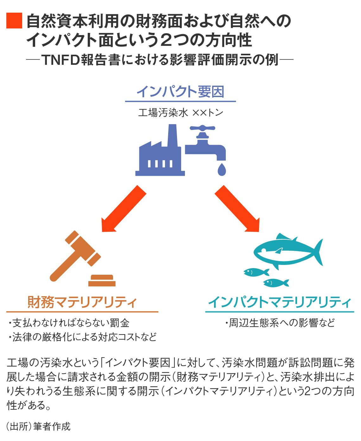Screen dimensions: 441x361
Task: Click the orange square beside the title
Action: [14, 21]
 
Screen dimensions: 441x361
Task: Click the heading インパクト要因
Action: [180, 92]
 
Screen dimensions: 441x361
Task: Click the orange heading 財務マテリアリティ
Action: [82, 302]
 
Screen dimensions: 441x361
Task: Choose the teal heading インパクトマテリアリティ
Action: [280, 302]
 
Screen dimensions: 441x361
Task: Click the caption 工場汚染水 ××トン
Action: [180, 113]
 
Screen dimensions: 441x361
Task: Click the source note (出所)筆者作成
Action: [39, 426]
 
